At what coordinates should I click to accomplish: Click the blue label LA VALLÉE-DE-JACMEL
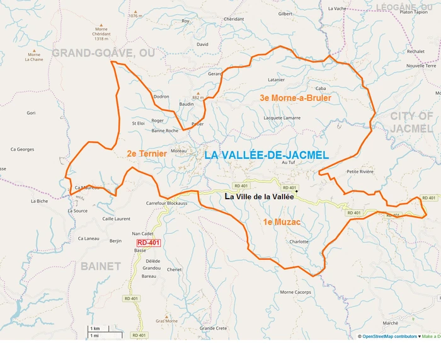(x=266, y=154)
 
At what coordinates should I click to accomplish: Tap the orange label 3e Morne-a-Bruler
(x=295, y=98)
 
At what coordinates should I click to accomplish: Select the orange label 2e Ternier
(x=146, y=153)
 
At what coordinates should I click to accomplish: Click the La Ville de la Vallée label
(x=260, y=197)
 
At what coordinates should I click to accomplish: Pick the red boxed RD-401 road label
(x=149, y=243)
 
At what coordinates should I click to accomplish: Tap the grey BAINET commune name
(x=100, y=267)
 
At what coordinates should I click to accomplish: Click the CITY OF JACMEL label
(x=411, y=122)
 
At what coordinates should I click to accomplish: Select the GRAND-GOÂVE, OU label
(x=103, y=53)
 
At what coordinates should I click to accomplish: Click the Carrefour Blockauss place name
(x=167, y=204)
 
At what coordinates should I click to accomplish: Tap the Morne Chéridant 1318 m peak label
(x=101, y=34)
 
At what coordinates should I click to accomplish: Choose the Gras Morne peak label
(x=166, y=321)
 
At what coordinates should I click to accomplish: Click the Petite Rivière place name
(x=360, y=171)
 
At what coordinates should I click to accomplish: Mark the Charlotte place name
(x=299, y=241)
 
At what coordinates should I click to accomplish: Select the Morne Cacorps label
(x=295, y=292)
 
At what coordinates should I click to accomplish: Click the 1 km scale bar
(x=95, y=329)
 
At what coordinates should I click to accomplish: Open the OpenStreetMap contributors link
(x=389, y=337)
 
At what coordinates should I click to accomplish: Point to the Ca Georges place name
(x=22, y=149)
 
